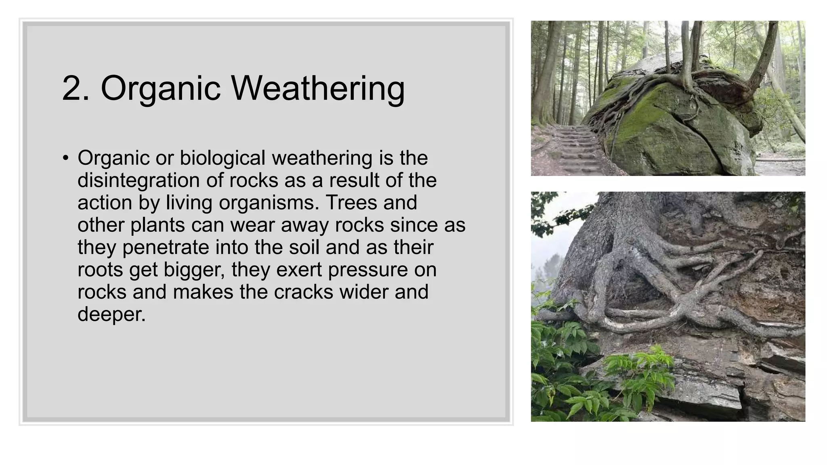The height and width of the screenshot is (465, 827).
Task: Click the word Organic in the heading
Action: [160, 88]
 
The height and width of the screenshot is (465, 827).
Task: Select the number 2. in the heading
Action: [76, 88]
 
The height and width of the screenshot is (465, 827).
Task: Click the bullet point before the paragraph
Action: [66, 158]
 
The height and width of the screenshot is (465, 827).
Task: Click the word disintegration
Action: [139, 180]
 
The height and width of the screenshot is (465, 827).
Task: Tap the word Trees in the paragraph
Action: [351, 203]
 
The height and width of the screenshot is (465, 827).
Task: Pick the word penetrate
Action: [166, 247]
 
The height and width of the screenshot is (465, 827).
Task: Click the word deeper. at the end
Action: [111, 314]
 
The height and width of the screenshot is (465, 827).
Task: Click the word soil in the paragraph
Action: [304, 247]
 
